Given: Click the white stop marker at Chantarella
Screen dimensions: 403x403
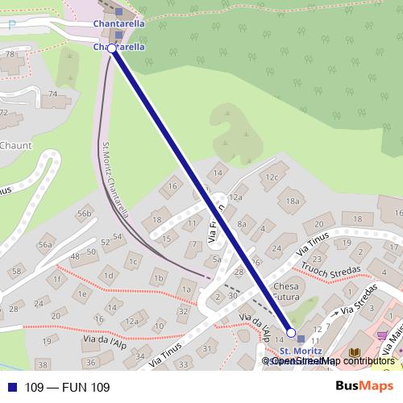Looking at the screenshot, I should (112, 48).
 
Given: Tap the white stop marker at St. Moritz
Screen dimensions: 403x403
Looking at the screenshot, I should (291, 333).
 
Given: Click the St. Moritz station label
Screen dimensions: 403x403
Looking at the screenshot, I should (301, 351).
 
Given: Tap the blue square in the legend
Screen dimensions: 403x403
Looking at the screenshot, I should (10, 388).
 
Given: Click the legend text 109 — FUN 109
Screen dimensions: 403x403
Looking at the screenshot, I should (66, 388).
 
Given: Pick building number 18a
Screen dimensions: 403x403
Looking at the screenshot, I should (293, 201).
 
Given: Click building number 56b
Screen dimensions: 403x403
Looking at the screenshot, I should (85, 214).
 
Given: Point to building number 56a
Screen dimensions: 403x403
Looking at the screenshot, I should (45, 245).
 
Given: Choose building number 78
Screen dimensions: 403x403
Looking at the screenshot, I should (10, 53).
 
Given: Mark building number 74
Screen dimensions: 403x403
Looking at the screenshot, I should (53, 94).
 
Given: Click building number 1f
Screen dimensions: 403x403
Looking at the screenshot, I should (57, 279).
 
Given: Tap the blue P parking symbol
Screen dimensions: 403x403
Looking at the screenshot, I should (11, 24).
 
